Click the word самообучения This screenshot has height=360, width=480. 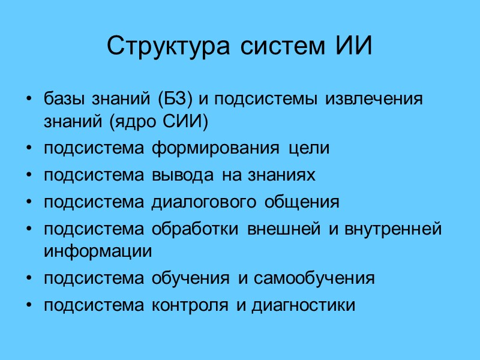pyautogui.click(x=314, y=278)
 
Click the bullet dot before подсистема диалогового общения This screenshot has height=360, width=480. pyautogui.click(x=29, y=202)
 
